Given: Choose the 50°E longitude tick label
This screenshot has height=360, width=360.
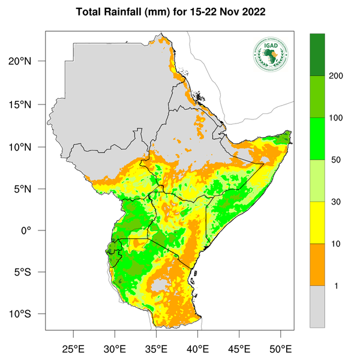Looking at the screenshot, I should click(x=280, y=349).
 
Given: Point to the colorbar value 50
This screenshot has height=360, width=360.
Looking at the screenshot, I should click(x=335, y=160).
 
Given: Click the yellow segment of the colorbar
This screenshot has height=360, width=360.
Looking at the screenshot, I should click(x=317, y=223).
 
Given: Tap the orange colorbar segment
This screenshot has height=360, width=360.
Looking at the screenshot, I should click(x=317, y=265).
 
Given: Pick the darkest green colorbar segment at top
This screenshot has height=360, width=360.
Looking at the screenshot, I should click(x=317, y=55).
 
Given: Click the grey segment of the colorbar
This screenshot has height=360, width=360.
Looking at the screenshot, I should click(x=317, y=307).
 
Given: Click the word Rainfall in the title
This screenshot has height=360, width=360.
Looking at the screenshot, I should click(x=130, y=12).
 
